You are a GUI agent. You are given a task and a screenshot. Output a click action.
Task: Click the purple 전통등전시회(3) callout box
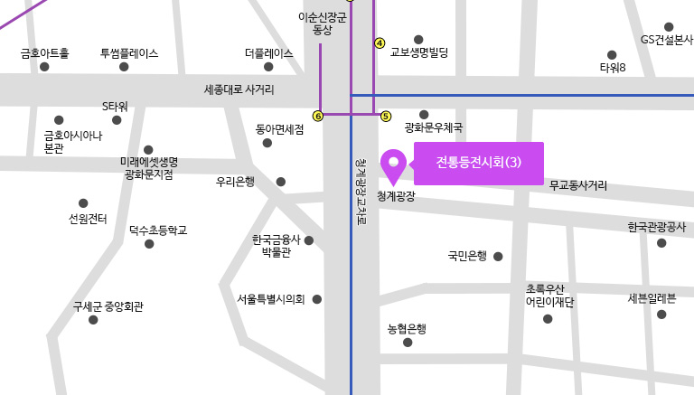click(x=479, y=163)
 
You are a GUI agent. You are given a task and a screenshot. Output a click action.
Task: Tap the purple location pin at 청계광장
click(x=394, y=165)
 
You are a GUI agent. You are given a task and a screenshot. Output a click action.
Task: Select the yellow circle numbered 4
click(x=380, y=42)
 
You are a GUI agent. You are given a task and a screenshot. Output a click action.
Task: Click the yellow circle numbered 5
click(x=386, y=116)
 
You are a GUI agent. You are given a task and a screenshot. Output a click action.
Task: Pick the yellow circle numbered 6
click(x=317, y=116)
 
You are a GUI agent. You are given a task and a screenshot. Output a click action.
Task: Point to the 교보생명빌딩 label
click(x=418, y=53)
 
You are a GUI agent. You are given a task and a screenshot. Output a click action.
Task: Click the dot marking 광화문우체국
click(x=424, y=114)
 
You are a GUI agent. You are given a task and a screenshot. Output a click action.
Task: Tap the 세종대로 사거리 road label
click(x=239, y=89)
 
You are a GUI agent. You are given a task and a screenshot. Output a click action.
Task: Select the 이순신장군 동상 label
click(x=322, y=24)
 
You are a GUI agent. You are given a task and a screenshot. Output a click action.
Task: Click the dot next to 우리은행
click(x=280, y=182)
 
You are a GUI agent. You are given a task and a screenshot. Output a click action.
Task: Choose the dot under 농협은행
click(x=408, y=343)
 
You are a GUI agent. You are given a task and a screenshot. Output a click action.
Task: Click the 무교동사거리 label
click(x=578, y=184)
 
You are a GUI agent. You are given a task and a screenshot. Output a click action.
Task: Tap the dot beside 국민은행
click(x=498, y=257)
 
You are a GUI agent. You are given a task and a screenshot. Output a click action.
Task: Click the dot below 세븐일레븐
click(x=661, y=315)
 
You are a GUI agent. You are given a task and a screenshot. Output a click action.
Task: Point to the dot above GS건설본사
click(x=669, y=26)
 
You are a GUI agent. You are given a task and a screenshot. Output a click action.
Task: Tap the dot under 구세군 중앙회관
click(x=93, y=320)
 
